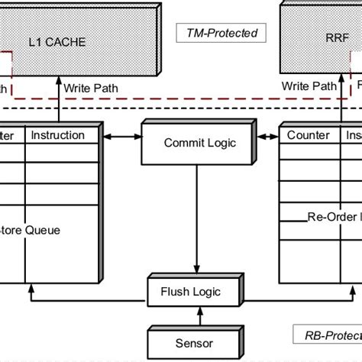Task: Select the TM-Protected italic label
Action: tap(222, 34)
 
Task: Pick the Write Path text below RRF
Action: tap(310, 89)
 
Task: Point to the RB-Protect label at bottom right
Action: tap(328, 333)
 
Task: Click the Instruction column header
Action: tap(57, 135)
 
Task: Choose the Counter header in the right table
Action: tap(308, 135)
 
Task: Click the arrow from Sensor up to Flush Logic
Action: tap(197, 315)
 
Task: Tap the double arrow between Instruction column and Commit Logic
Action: tap(121, 136)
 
